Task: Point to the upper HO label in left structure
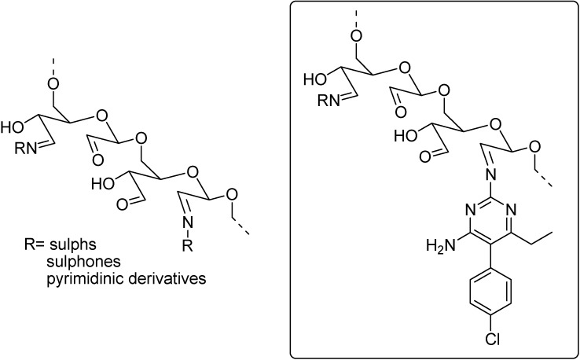(x=13, y=126)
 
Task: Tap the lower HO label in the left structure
(x=103, y=187)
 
